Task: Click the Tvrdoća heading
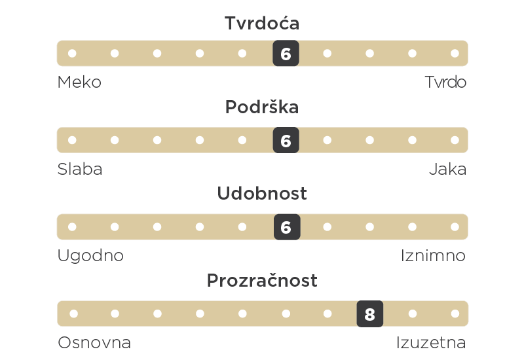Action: pyautogui.click(x=262, y=23)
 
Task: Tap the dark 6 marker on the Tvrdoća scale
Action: pyautogui.click(x=286, y=54)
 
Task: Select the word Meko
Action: pyautogui.click(x=79, y=82)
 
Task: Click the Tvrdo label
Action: pyautogui.click(x=445, y=82)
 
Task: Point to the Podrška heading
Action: pyautogui.click(x=262, y=107)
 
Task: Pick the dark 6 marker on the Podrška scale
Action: pyautogui.click(x=286, y=140)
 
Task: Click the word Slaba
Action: pyautogui.click(x=80, y=169)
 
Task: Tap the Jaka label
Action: pyautogui.click(x=448, y=169)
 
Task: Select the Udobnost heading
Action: pyautogui.click(x=262, y=193)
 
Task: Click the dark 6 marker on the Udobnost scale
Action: pyautogui.click(x=287, y=227)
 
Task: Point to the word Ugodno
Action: pyautogui.click(x=90, y=256)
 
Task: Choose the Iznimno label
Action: pyautogui.click(x=433, y=256)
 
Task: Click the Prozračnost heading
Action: pyautogui.click(x=262, y=281)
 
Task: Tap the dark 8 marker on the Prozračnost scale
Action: pyautogui.click(x=370, y=314)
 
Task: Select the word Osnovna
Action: pyautogui.click(x=94, y=342)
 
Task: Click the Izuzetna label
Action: pyautogui.click(x=431, y=342)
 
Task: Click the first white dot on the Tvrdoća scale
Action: pyautogui.click(x=72, y=54)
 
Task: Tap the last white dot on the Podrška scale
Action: pyautogui.click(x=455, y=140)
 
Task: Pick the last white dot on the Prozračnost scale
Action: pyautogui.click(x=455, y=314)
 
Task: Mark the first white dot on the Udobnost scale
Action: pyautogui.click(x=72, y=227)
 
